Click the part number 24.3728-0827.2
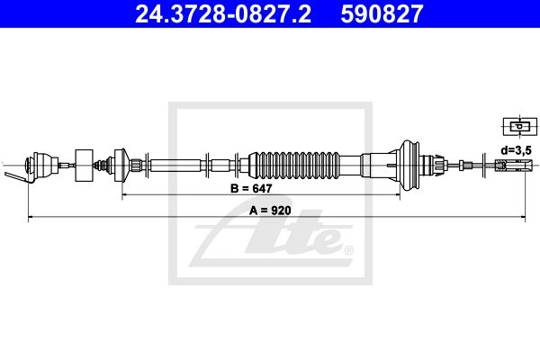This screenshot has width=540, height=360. [x=223, y=14]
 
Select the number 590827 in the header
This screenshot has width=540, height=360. [x=382, y=14]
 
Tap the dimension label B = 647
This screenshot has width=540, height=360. [x=251, y=188]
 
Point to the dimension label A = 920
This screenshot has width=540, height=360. [x=270, y=210]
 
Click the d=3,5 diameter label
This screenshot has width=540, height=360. [x=517, y=150]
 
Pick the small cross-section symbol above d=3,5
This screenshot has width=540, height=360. [x=520, y=126]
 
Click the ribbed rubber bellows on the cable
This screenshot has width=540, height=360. [x=294, y=165]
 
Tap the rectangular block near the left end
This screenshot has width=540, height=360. [x=84, y=166]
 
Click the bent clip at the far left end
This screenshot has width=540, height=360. [x=16, y=176]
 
